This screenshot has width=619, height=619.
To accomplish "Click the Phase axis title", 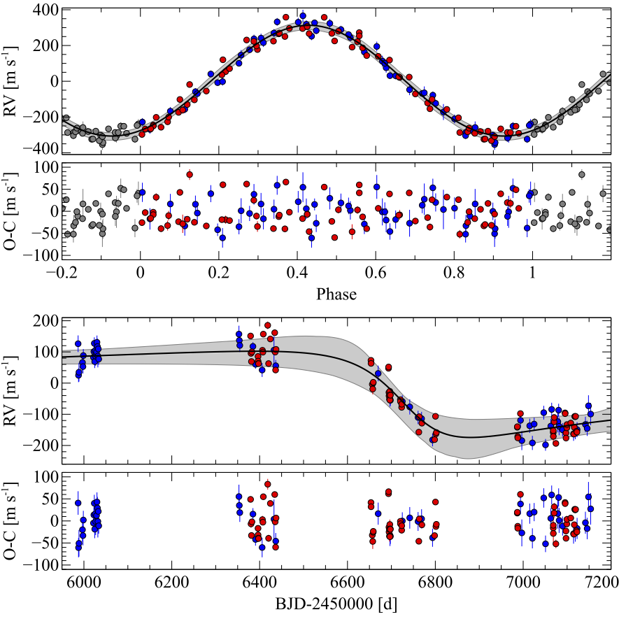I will pos(337,294).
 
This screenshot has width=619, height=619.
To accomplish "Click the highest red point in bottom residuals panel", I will pos(268,484).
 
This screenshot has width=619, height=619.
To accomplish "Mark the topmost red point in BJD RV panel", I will pos(268,326).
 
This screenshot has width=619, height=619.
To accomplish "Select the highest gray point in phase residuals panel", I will pos(582,175).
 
